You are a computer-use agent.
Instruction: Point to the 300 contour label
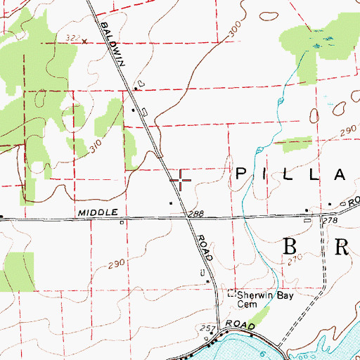pyautogui.click(x=235, y=29)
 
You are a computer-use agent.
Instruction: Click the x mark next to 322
pyautogui.click(x=85, y=41)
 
